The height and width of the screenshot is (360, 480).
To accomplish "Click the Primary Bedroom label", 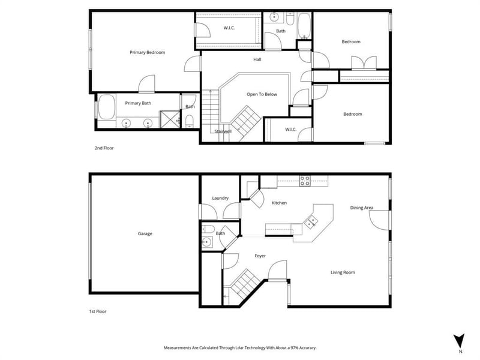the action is pos(147,52).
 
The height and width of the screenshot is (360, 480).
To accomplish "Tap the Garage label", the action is pos(145,233).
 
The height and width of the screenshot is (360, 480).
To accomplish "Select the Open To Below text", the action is pos(262,94).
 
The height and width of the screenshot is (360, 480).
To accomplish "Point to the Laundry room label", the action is pos(220,198).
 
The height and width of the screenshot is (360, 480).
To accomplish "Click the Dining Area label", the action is pos(362,208).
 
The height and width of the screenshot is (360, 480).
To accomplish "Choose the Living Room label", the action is pos(343,272).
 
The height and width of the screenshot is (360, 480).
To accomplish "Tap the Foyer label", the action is pos(260,256).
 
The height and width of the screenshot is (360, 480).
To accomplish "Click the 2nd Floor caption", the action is pos(104,148).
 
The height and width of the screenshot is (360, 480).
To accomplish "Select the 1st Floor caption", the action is pos(98,311).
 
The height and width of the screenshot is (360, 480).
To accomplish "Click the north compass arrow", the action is pos(459,341).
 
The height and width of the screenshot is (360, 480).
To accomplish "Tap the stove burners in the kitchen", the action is pos(305,181).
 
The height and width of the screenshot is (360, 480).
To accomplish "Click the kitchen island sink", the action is pos(311,221).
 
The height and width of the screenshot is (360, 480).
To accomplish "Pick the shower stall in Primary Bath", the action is pos(170,119).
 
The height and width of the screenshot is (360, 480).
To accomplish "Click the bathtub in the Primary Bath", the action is pos(107,107).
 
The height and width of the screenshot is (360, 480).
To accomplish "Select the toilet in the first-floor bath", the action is pos(208,229).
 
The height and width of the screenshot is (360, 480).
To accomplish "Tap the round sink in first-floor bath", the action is pos(207,242).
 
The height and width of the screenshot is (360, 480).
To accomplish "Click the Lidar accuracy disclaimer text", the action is pos(240,348).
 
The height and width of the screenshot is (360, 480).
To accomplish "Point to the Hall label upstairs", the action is pos(257,59).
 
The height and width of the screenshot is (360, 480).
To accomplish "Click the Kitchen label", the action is pos(279,203).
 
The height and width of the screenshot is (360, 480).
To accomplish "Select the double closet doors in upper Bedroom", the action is pos(364,63).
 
